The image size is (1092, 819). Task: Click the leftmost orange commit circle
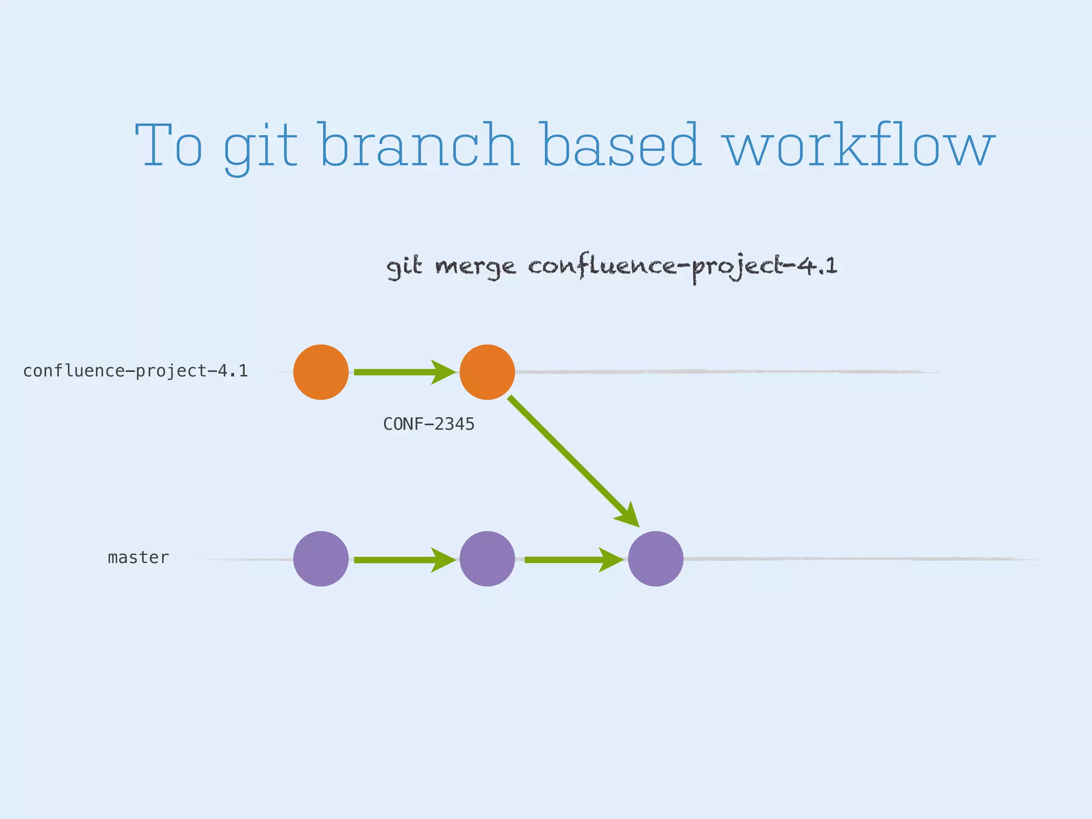click(321, 372)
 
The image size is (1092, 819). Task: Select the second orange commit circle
click(487, 372)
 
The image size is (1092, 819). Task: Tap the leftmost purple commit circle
click(321, 559)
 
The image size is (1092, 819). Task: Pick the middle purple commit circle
click(487, 559)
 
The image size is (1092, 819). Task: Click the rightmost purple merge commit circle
click(655, 559)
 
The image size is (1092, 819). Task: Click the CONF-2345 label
click(429, 424)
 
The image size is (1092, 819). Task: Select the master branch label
click(138, 558)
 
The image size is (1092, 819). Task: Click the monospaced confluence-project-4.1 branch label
click(135, 371)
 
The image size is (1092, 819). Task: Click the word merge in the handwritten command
click(475, 267)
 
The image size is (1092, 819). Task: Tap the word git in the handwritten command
click(404, 267)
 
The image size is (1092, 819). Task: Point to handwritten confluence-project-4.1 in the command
click(682, 267)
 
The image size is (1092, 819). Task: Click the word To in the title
click(169, 145)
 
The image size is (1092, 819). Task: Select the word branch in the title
click(420, 145)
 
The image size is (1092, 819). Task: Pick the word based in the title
click(620, 145)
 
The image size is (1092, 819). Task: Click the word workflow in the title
click(860, 145)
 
